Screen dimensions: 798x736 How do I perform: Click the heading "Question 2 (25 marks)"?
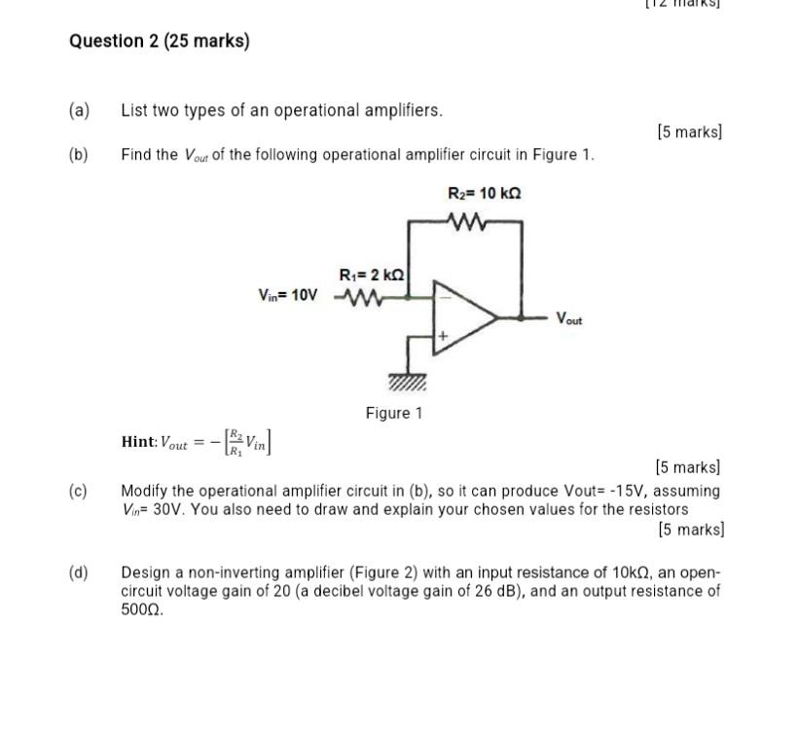click(160, 42)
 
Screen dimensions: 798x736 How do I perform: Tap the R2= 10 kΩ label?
click(484, 193)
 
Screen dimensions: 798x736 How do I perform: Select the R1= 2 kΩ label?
click(371, 276)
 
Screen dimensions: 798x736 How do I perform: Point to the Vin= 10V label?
click(287, 295)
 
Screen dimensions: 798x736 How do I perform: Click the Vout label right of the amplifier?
click(569, 318)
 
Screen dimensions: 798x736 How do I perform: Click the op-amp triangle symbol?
click(464, 316)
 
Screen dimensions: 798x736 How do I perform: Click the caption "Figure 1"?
click(394, 413)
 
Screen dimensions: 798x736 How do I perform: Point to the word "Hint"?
click(138, 442)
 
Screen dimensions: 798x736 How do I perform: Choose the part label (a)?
click(79, 110)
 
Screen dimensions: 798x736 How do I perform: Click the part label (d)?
click(79, 572)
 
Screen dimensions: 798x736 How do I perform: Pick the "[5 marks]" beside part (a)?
click(689, 131)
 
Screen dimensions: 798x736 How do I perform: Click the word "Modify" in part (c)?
click(144, 491)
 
